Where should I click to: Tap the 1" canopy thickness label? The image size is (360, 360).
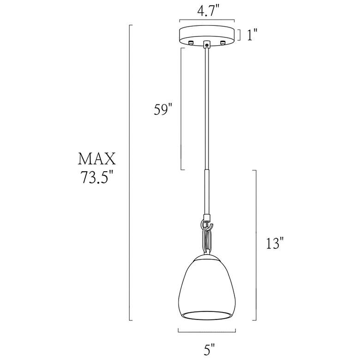[252, 35]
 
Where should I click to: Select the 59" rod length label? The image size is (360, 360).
[163, 110]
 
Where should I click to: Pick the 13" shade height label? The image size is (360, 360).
[274, 243]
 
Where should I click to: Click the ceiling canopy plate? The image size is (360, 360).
[207, 34]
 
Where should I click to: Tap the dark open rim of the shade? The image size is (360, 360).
[206, 315]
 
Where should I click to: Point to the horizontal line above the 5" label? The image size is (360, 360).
[207, 330]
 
